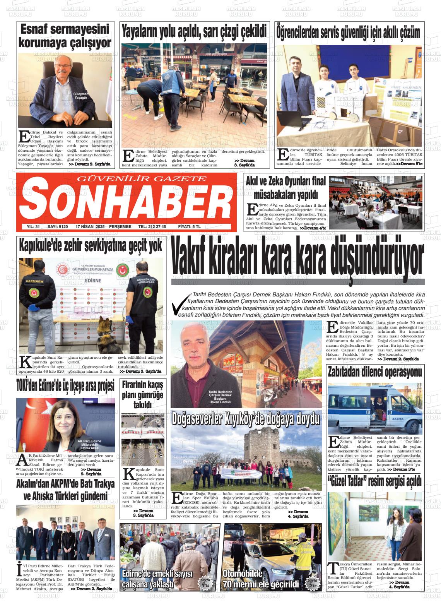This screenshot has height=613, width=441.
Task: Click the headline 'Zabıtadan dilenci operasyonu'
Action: click(374, 373)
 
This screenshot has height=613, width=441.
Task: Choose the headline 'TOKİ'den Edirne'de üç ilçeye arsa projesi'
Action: click(65, 386)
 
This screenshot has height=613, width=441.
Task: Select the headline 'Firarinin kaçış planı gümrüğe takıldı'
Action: click(142, 395)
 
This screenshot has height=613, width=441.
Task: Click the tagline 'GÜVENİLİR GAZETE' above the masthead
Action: click(142, 178)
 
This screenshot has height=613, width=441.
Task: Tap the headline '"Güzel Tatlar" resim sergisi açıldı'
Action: click(374, 481)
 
